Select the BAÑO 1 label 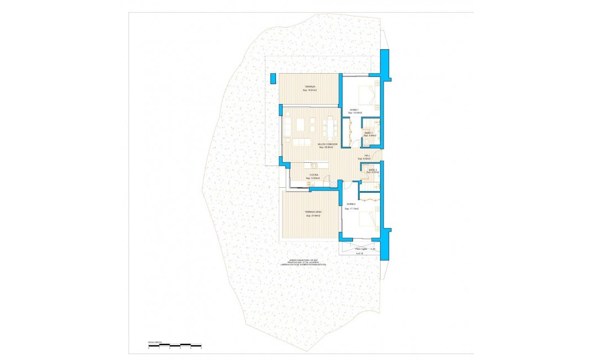click(x=368, y=133)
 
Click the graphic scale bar click(x=170, y=346)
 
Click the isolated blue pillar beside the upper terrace click(x=272, y=78)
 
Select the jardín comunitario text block click(x=303, y=262)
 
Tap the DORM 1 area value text click(x=355, y=113)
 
